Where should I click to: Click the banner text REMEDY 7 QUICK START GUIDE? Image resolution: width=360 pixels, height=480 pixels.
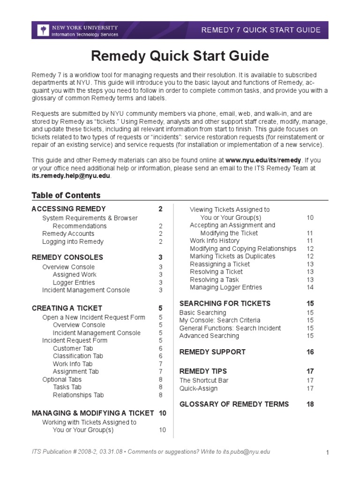(x=261, y=30)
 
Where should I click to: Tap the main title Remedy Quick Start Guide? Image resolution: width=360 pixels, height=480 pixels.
(x=180, y=56)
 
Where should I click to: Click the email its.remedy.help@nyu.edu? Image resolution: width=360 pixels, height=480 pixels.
(x=71, y=175)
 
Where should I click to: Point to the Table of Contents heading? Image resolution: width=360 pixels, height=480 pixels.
(x=66, y=195)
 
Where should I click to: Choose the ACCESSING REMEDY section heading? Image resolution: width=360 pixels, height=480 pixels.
(x=68, y=209)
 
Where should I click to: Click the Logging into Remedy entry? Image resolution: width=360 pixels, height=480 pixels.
(x=73, y=242)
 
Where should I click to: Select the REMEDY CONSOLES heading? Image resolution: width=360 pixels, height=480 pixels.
(x=67, y=257)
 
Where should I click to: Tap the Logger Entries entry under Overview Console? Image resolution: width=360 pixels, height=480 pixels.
(x=74, y=283)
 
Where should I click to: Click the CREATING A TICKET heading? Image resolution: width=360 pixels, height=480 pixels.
(x=67, y=308)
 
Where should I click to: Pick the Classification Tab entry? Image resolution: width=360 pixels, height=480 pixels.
(x=78, y=356)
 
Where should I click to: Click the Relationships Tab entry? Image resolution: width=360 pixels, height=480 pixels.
(x=78, y=395)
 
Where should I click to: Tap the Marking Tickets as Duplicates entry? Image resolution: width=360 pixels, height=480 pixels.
(x=232, y=256)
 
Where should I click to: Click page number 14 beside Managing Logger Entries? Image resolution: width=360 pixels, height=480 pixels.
(x=310, y=287)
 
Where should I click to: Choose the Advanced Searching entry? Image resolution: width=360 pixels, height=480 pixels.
(x=209, y=336)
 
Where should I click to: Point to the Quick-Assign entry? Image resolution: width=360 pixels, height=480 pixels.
(x=198, y=389)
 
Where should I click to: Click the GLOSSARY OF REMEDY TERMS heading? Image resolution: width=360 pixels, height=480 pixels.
(x=234, y=404)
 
